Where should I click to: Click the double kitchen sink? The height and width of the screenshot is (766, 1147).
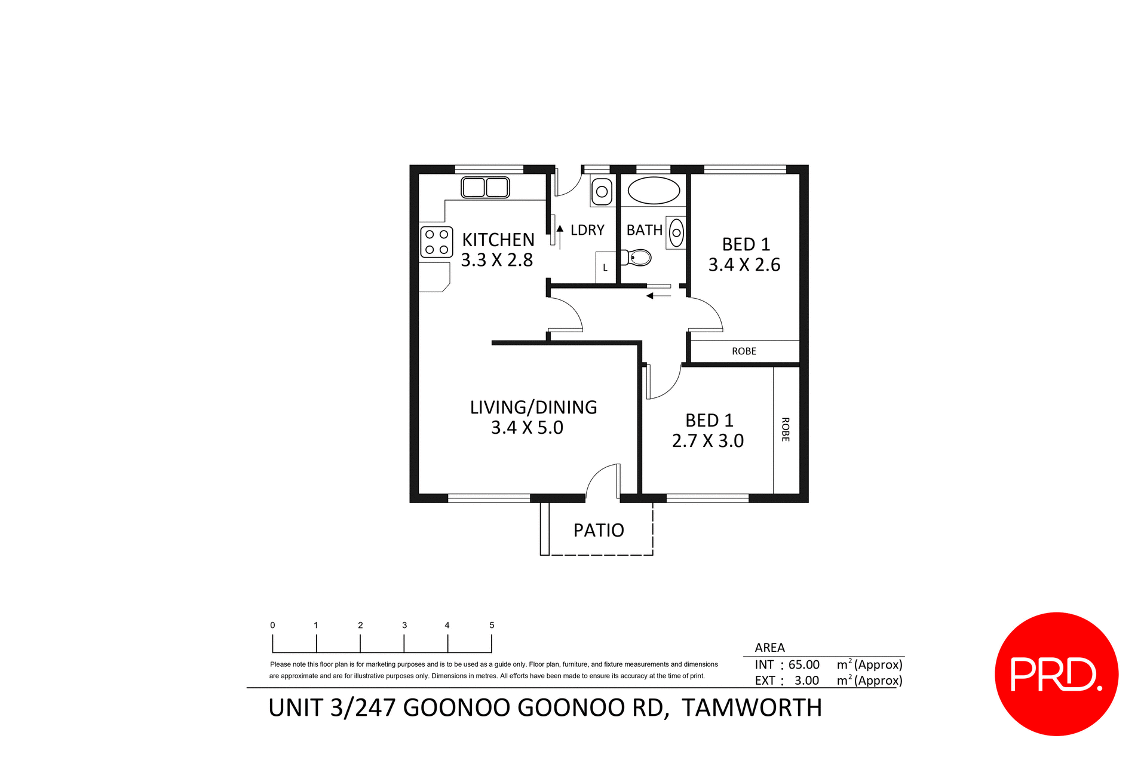tap(485, 188)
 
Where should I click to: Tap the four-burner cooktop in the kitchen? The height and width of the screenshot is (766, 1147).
tap(436, 242)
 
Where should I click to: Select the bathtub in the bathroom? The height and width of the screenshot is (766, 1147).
tap(654, 191)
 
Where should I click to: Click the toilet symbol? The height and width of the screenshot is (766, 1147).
tap(638, 258)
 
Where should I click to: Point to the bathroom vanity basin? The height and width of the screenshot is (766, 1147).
tap(676, 233)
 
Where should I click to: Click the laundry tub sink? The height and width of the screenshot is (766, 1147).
tap(602, 192)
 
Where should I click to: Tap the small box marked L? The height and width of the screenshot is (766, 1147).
tap(605, 268)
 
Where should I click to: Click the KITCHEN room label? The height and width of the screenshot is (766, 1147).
tap(498, 240)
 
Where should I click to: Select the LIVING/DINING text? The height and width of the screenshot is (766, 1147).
tap(533, 407)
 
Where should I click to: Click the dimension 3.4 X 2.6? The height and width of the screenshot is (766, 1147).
tap(744, 265)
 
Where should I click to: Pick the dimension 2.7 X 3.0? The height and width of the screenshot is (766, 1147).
tap(707, 441)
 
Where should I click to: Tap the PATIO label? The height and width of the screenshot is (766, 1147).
tap(599, 531)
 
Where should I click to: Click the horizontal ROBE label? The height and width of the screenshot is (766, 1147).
tap(744, 351)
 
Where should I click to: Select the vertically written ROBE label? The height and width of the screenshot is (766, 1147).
tap(786, 430)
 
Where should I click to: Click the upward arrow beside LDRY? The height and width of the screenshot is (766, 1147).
tap(560, 229)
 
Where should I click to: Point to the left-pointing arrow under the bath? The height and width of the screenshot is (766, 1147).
tap(658, 296)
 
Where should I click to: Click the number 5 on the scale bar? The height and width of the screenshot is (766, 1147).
tap(492, 625)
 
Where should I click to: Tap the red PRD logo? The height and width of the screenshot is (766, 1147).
tap(1056, 674)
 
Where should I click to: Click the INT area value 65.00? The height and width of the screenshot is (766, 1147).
tap(803, 664)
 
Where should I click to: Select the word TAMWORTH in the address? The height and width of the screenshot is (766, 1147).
tap(752, 708)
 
